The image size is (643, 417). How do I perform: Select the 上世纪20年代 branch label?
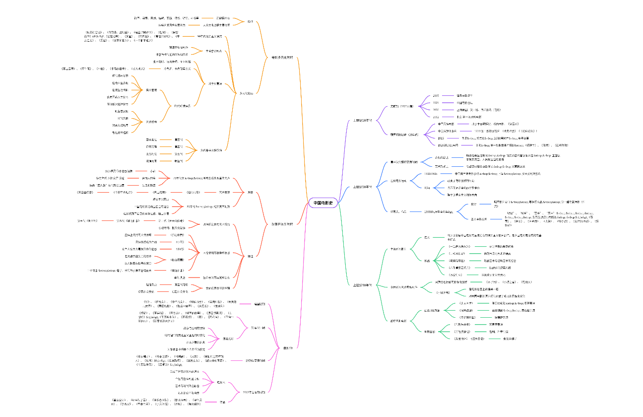coord(363,121)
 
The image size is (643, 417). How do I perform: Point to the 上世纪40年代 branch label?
coord(363,285)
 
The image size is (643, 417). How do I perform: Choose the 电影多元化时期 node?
coord(282,57)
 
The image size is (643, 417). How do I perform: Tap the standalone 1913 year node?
coord(441,138)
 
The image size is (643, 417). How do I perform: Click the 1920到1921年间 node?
coord(449,145)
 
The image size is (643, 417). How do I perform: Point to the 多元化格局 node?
coord(246,93)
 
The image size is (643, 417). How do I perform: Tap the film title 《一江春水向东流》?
coord(459,246)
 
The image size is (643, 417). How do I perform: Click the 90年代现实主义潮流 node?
coord(210,36)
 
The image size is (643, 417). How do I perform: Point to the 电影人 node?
coord(221,382)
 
